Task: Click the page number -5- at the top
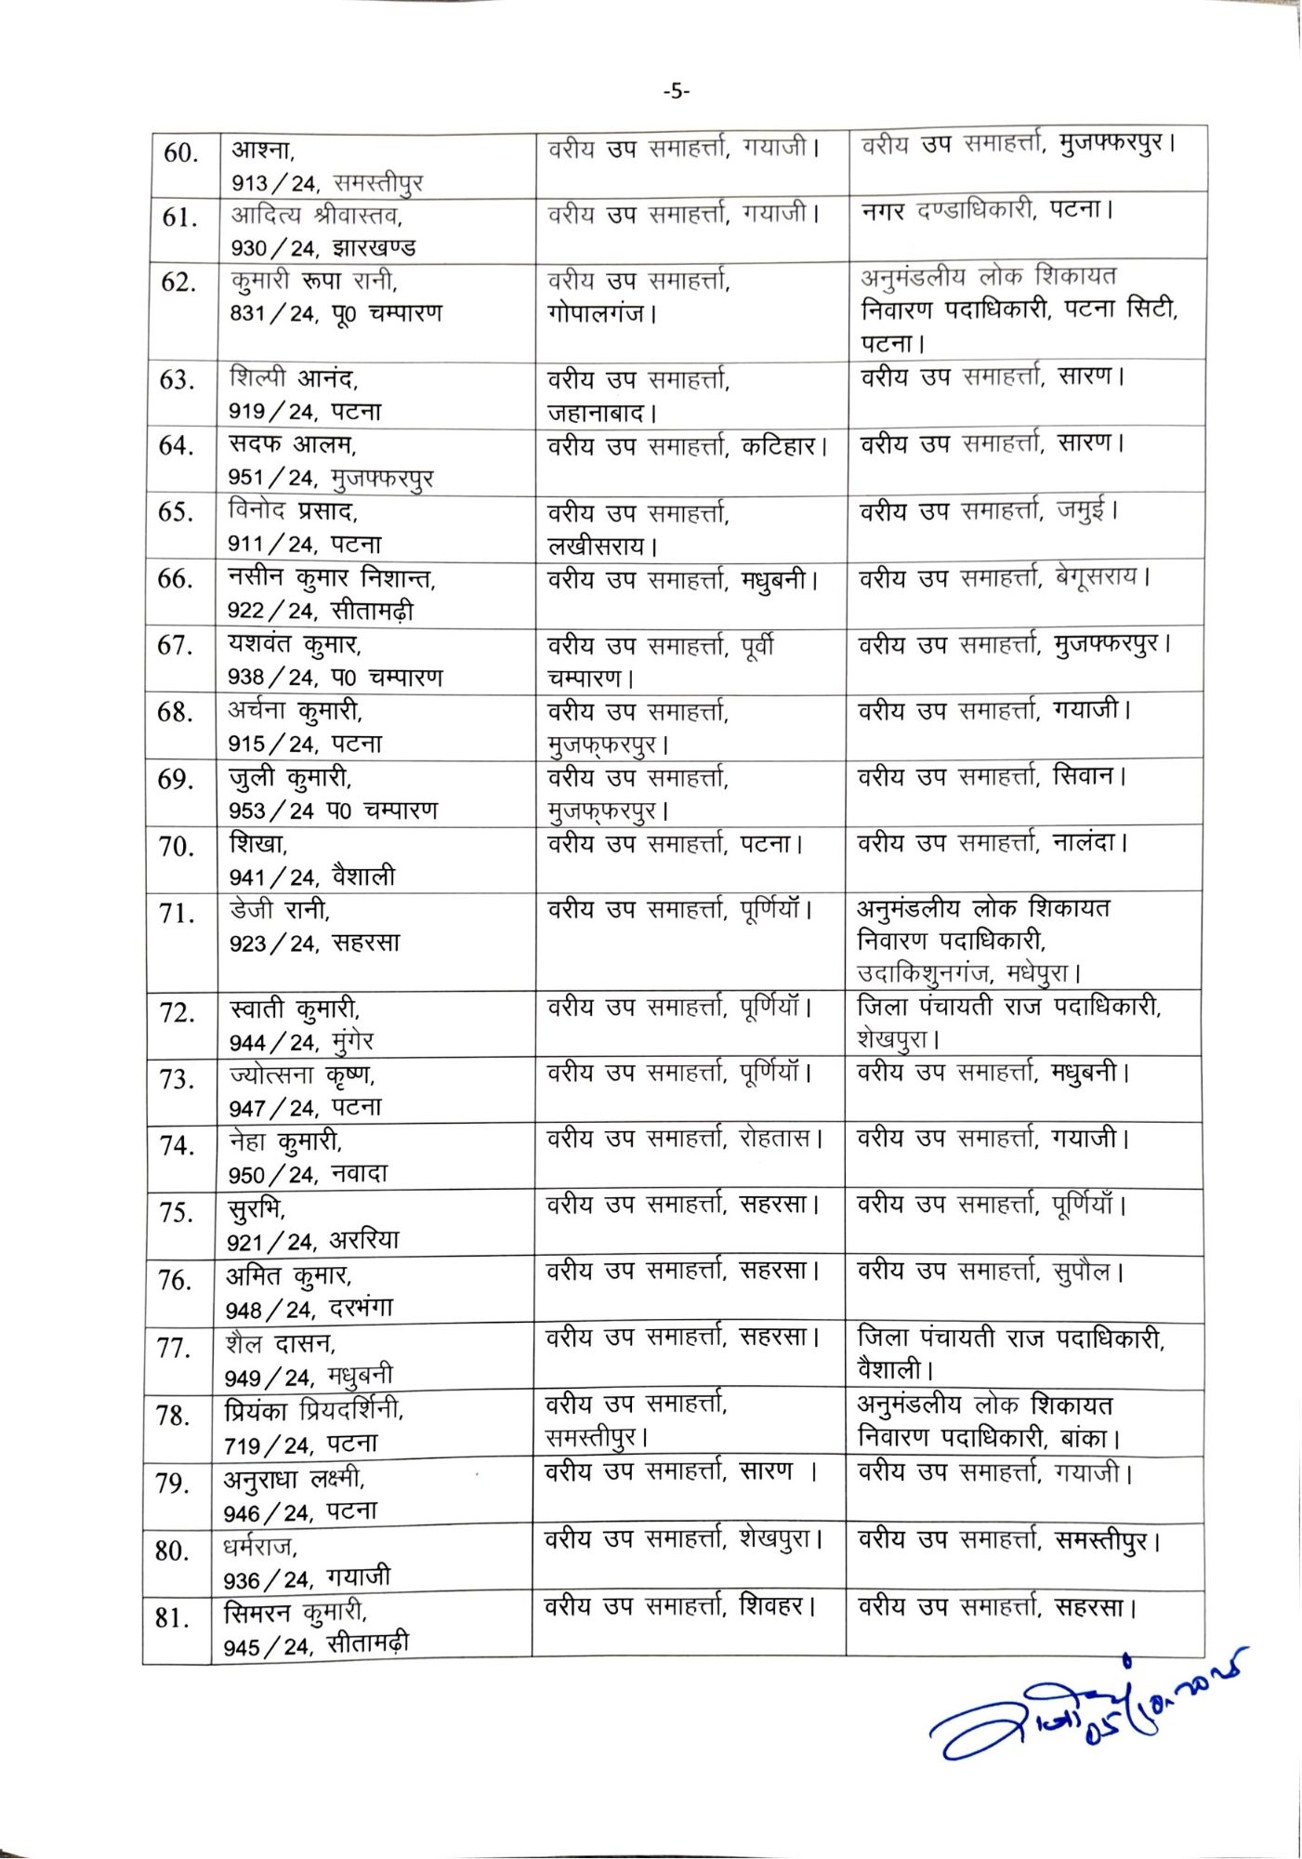point(677,91)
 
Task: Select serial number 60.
point(180,152)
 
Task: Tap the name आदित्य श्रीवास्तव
point(316,216)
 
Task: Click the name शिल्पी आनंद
point(293,378)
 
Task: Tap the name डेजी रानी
point(279,910)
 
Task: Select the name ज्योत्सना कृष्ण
point(301,1075)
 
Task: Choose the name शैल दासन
point(280,1344)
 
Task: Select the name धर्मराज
point(259,1548)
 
